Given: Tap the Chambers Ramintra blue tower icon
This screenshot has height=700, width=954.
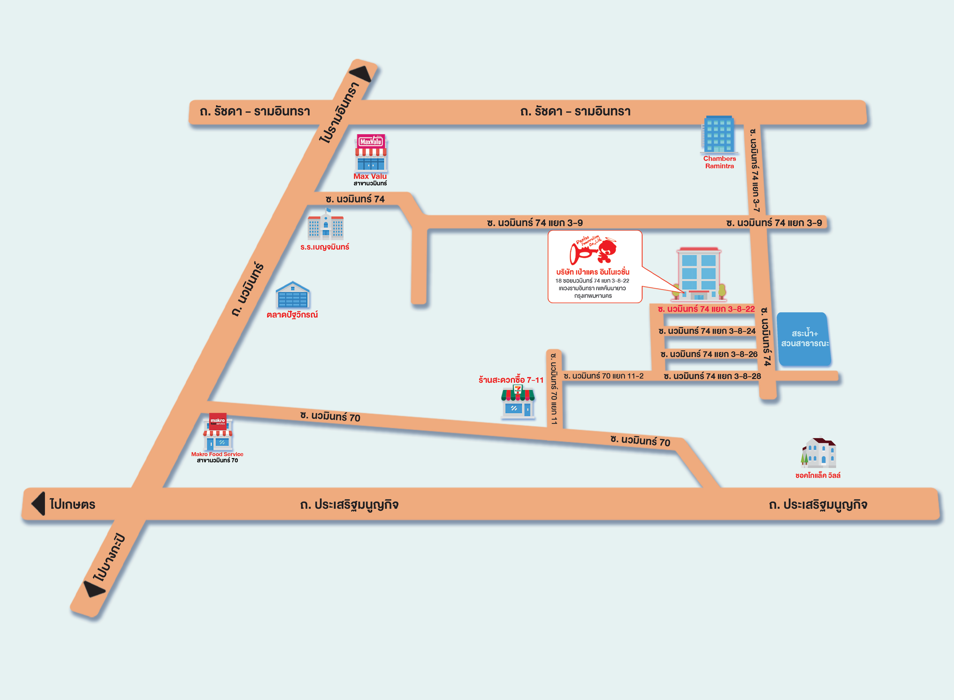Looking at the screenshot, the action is click(719, 134).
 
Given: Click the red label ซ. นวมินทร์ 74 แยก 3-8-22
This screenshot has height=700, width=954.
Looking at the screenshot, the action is click(706, 309).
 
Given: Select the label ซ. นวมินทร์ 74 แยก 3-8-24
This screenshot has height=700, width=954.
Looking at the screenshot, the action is click(707, 331).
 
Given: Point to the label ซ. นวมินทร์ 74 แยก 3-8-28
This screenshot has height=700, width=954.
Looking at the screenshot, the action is click(712, 376).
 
